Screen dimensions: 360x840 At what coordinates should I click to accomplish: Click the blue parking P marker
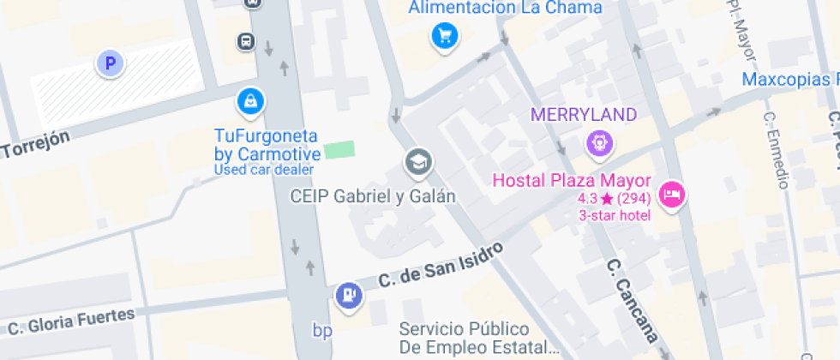pos(110,63)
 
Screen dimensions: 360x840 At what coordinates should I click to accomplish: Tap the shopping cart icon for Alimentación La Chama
pos(445,36)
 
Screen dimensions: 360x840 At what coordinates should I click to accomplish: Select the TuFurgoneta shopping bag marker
pos(250,101)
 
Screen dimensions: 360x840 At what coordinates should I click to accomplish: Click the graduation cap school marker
pos(418,161)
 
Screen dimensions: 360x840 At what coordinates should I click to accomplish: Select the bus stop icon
pos(246,40)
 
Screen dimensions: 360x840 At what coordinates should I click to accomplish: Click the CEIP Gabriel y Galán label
pos(372,196)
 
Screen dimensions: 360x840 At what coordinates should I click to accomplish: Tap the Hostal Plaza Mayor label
pos(571,182)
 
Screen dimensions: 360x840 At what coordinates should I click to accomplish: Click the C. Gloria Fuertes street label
pos(71,321)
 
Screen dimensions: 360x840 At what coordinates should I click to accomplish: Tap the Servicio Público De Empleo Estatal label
pos(480,339)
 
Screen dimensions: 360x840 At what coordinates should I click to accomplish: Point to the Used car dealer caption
pos(264,170)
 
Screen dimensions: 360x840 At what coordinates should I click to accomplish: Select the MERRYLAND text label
pos(584,115)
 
